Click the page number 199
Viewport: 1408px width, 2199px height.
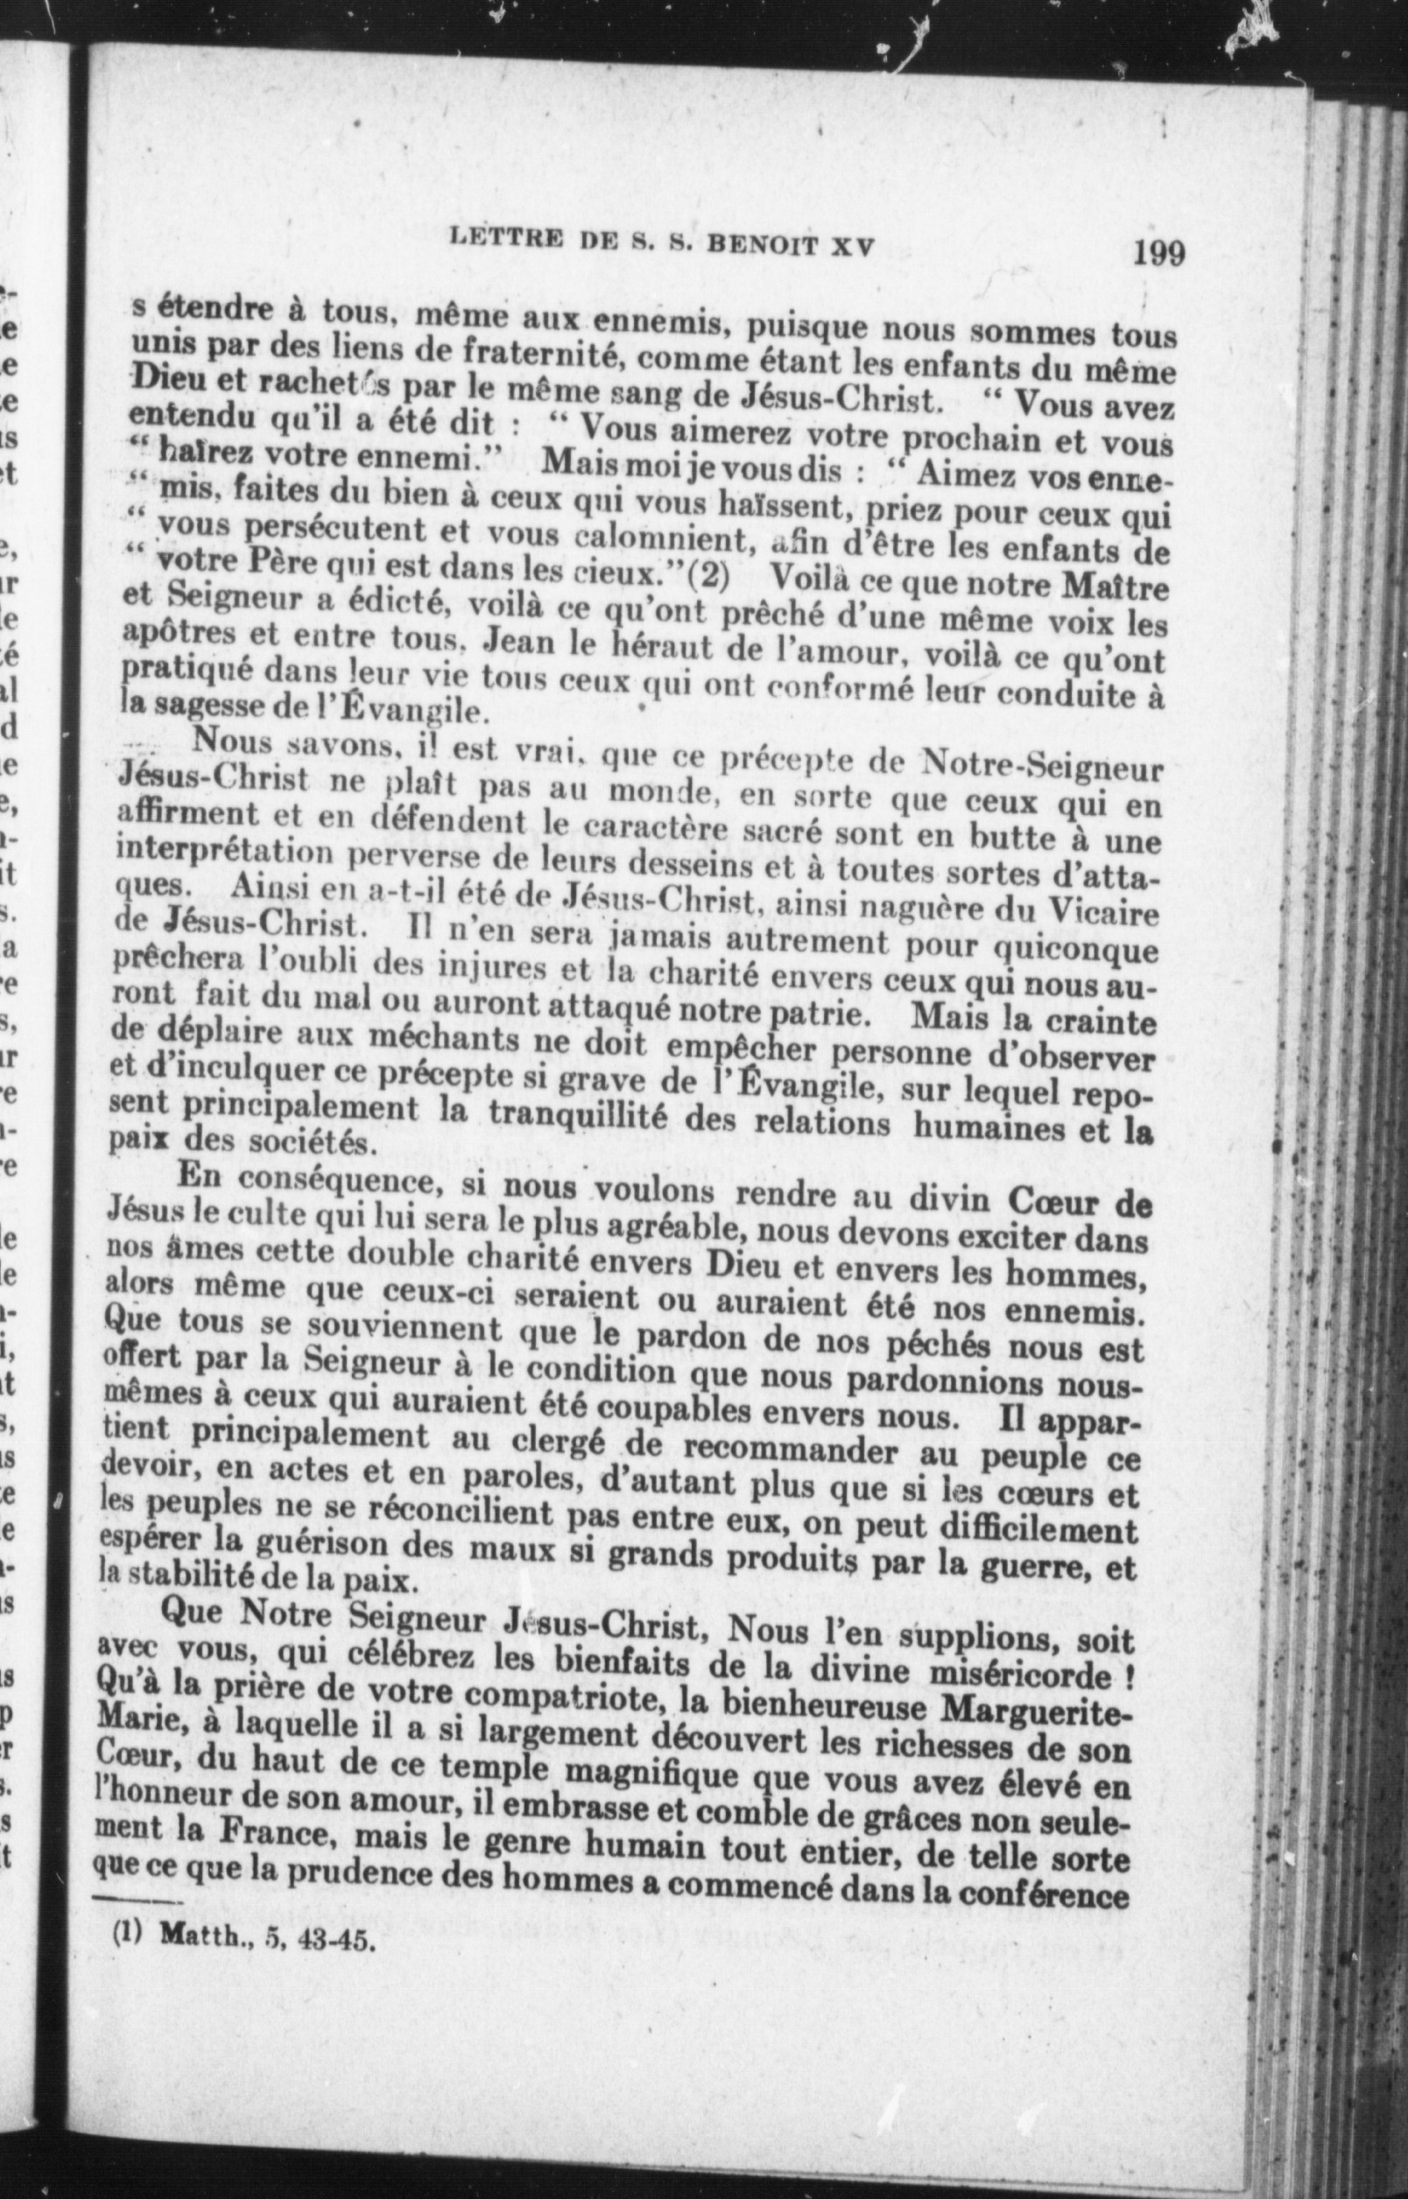click(1158, 251)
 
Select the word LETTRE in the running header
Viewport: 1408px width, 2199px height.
click(500, 240)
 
